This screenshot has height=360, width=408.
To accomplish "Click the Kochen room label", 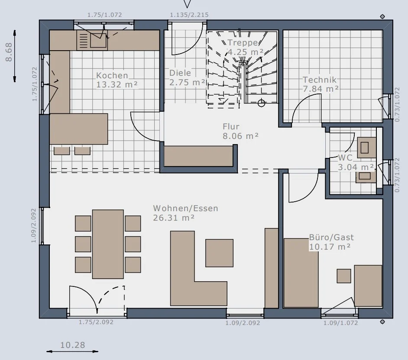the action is click(112, 75).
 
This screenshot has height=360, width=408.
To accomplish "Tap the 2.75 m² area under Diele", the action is click(187, 82).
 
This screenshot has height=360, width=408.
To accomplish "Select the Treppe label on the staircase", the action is click(243, 43).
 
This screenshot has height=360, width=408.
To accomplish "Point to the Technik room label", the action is click(320, 80).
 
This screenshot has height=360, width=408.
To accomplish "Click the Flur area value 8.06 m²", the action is click(241, 136).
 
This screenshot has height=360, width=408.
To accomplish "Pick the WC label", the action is click(345, 157).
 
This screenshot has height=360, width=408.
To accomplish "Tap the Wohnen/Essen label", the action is click(185, 208).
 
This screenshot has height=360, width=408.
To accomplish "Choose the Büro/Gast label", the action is click(331, 237).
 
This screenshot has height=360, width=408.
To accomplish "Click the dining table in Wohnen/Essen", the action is click(108, 244).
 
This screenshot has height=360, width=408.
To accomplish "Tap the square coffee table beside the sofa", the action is click(219, 253).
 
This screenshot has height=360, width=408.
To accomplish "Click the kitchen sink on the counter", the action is click(98, 40).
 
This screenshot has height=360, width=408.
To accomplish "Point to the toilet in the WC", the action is click(366, 148).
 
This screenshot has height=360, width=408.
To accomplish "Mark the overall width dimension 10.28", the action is click(73, 345).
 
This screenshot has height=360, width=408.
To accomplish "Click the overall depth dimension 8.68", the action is click(9, 52).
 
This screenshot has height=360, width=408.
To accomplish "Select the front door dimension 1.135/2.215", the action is click(189, 15).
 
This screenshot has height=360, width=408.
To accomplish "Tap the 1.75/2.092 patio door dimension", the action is click(96, 322).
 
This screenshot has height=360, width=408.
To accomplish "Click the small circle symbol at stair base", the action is click(261, 103).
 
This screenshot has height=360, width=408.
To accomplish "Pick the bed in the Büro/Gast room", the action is click(301, 273).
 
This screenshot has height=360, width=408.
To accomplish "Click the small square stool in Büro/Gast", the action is click(344, 276).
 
